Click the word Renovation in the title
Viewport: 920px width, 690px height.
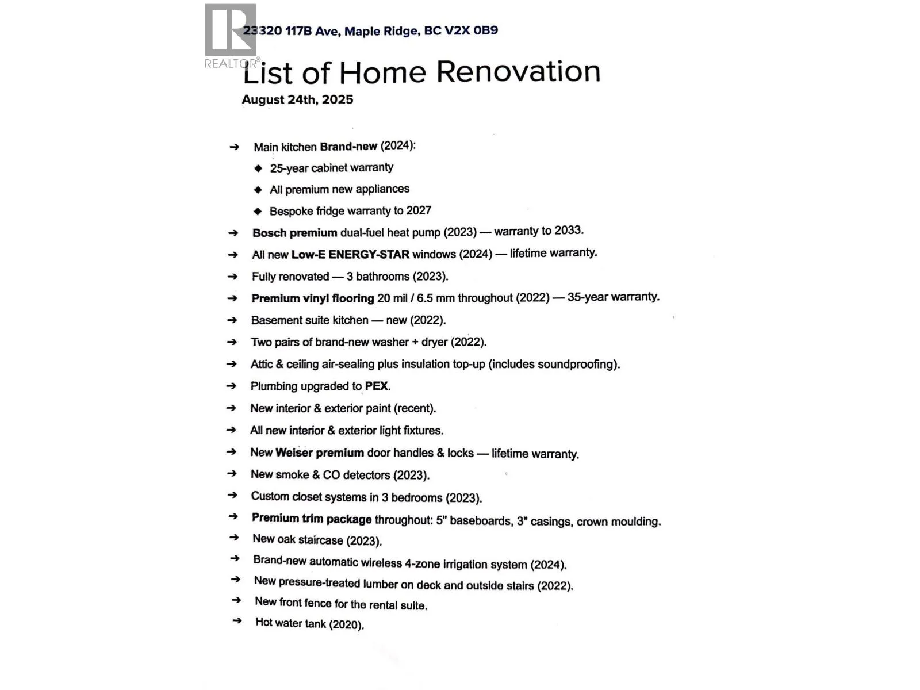[518, 72]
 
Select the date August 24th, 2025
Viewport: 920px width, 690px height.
[297, 99]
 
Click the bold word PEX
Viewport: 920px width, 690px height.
[377, 386]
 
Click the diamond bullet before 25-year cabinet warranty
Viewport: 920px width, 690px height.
[258, 168]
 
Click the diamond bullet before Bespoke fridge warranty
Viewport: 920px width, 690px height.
[258, 212]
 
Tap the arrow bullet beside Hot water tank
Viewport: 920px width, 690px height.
[236, 621]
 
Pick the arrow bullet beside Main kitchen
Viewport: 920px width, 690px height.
[234, 147]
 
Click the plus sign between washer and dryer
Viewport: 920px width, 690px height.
[415, 342]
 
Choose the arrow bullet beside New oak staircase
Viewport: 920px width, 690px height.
[234, 538]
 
